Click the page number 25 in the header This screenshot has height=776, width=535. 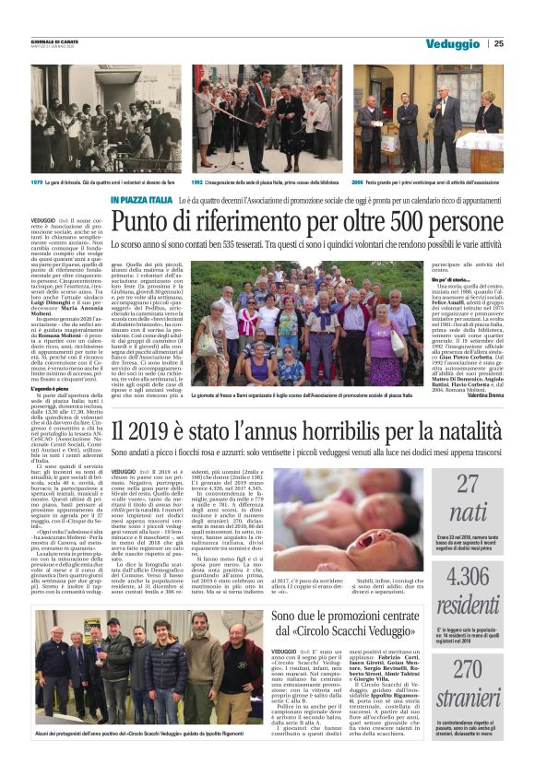coord(499,43)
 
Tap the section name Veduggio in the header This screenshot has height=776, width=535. coord(453,43)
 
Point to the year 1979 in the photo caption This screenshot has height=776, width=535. coord(38,183)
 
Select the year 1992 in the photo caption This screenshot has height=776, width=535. coord(197,183)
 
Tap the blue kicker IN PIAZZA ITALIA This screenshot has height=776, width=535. coord(140,200)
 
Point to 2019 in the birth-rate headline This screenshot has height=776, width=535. coord(145,429)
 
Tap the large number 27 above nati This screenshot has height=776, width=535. coord(481,482)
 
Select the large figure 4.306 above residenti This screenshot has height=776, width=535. coord(481,578)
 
